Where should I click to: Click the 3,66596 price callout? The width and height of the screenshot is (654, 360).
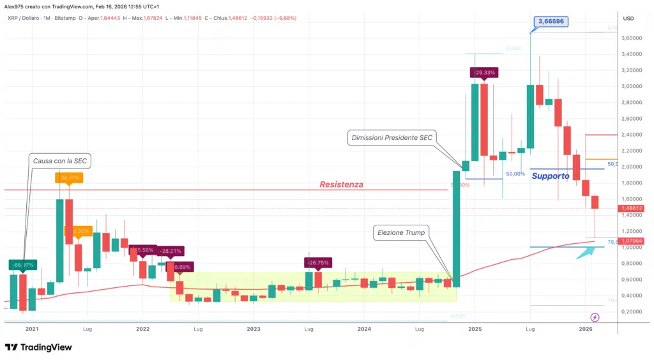click(551, 21)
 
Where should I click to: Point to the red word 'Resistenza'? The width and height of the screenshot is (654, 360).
click(342, 184)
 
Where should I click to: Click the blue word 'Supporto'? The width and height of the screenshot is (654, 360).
click(551, 176)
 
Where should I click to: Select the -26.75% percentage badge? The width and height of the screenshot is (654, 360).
click(319, 262)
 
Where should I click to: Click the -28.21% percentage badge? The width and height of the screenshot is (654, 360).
click(170, 251)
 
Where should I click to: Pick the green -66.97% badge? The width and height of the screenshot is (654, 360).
click(22, 264)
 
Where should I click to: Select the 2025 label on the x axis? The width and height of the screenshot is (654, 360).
click(475, 329)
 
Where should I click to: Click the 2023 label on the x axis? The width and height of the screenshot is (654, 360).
click(253, 329)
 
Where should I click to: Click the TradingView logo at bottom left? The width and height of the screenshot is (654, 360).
click(38, 347)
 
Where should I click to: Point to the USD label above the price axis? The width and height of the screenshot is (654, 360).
click(628, 19)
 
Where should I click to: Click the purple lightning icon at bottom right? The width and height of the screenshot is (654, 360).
click(595, 317)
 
